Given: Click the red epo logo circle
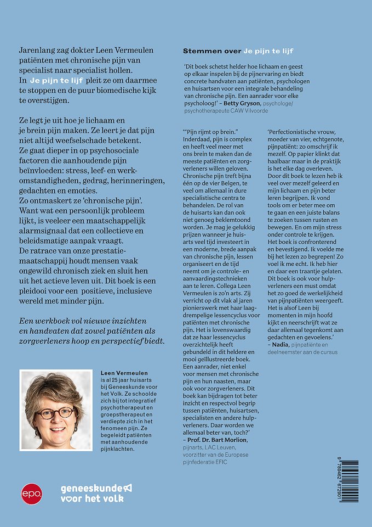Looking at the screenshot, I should (x=31, y=493).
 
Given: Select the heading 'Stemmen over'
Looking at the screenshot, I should (x=211, y=51).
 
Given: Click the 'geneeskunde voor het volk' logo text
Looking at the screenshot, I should (x=96, y=493).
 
